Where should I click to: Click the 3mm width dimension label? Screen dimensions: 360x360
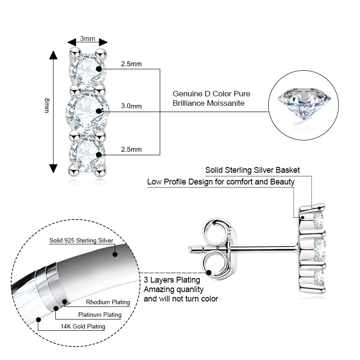point(87,38)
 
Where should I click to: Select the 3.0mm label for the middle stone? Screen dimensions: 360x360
point(131,106)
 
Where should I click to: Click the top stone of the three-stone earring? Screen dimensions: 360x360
point(86,68)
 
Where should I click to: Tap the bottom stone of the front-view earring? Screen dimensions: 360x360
point(86,150)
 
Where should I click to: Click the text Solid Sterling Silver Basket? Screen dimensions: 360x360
point(252,170)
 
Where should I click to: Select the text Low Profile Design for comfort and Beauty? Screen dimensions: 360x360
point(221,182)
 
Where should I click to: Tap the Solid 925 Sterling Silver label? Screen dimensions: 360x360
point(81,241)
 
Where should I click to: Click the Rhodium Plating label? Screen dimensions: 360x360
point(108,302)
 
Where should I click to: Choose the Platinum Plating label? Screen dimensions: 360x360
point(100,315)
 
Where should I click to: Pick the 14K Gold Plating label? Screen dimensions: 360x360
point(84,327)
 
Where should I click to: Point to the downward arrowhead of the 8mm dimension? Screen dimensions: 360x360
point(54,168)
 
